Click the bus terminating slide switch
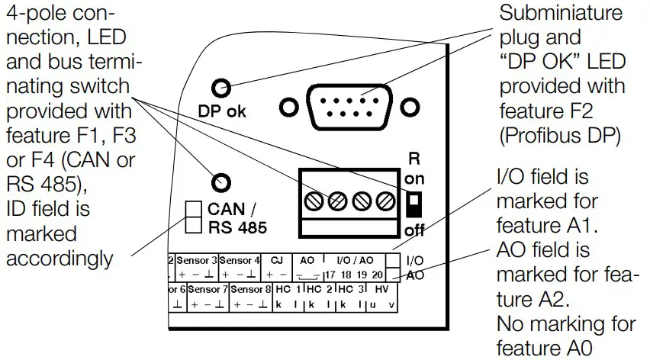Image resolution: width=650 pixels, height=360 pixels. [413, 204]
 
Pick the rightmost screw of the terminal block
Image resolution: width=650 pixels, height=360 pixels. [385, 202]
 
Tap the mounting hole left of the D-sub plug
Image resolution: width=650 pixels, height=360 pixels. [288, 107]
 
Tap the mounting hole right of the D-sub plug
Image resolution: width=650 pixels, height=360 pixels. [410, 107]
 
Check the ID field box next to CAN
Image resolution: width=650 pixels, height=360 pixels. [194, 207]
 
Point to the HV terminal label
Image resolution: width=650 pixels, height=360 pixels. [381, 290]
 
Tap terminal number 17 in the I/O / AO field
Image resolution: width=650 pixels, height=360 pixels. [330, 274]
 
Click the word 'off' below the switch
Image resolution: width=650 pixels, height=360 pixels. [413, 230]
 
